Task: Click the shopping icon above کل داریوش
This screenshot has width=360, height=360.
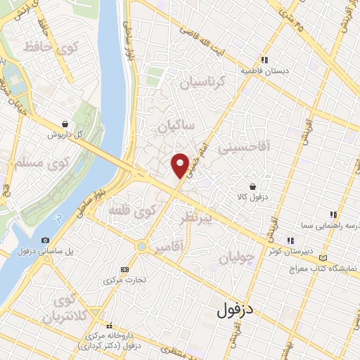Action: tap(65, 124)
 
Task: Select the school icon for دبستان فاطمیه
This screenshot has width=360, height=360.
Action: tap(264, 60)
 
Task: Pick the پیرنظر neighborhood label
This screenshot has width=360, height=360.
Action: tap(207, 219)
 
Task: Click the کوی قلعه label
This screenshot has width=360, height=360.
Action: tap(132, 210)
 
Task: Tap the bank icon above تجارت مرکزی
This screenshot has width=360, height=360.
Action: tap(125, 269)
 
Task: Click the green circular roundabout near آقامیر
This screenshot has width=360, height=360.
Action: tap(141, 247)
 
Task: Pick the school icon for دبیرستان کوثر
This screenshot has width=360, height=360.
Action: tap(290, 240)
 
